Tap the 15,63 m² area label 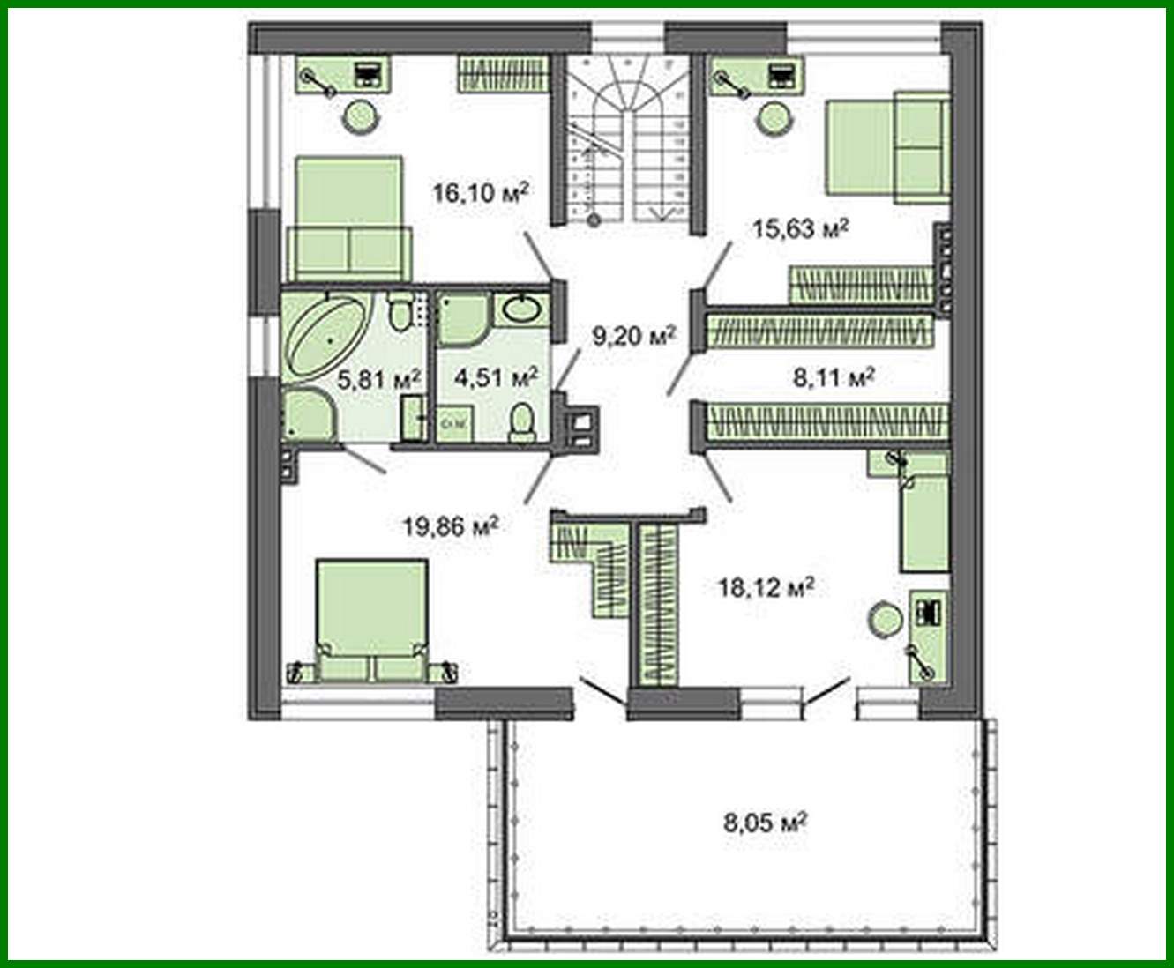click(800, 229)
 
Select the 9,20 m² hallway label click(633, 336)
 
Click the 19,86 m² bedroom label click(451, 527)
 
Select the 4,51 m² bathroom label click(495, 378)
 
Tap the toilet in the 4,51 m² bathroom click(522, 421)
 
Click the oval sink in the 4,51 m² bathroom click(523, 309)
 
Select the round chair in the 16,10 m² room click(361, 117)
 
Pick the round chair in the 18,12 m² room click(885, 620)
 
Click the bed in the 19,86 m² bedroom click(370, 621)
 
